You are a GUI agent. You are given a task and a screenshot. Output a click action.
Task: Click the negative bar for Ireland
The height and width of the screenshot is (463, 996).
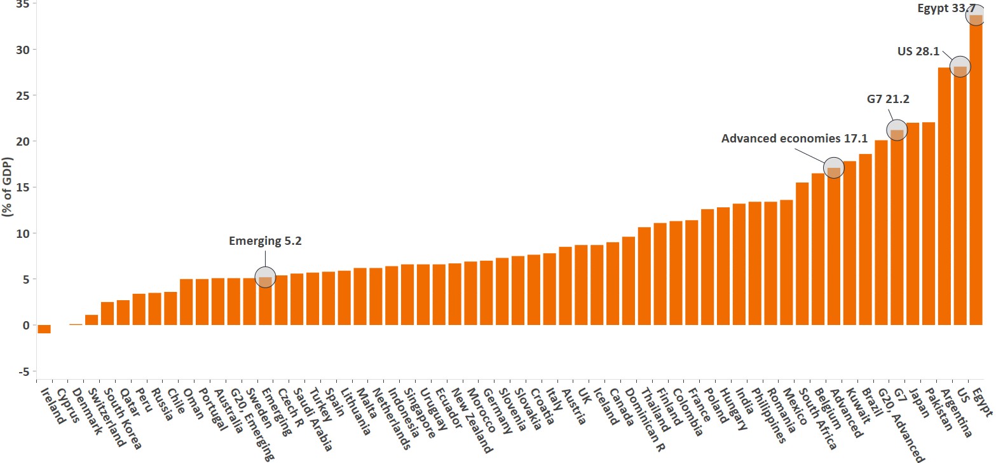click(x=44, y=329)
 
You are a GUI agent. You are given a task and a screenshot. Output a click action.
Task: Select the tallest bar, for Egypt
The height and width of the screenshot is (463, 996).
click(x=976, y=172)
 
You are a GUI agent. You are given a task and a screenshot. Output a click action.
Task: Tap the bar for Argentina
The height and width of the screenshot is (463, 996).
click(x=945, y=197)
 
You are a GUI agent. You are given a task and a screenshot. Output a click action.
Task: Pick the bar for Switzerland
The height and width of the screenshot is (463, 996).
click(x=92, y=320)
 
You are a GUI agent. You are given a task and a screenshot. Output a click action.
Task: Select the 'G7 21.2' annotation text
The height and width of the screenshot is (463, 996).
click(x=887, y=99)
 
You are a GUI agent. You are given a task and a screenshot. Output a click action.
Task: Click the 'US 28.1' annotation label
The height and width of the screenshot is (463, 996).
click(x=918, y=51)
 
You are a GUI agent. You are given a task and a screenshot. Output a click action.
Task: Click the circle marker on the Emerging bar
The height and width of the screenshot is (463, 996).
click(x=265, y=277)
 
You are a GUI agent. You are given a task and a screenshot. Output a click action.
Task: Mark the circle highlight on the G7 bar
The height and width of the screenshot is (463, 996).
click(x=897, y=130)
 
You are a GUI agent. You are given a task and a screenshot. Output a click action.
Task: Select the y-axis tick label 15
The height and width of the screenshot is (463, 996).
click(x=22, y=188)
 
